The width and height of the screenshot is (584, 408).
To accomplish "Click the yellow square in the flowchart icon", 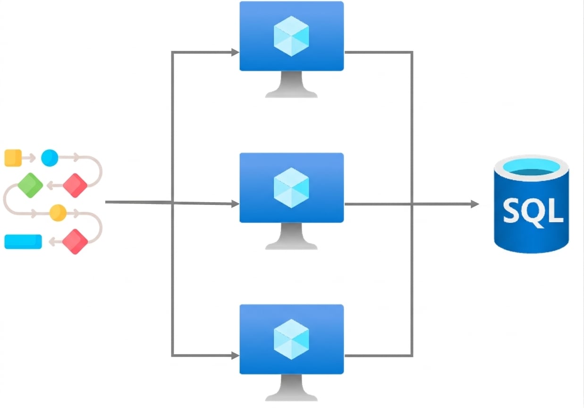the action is point(13,158).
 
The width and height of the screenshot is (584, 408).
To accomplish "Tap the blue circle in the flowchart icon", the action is point(50,158).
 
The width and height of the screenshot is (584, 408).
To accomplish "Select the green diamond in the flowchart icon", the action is point(30,186).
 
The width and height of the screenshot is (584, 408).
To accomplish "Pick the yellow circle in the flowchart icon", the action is point(58,213).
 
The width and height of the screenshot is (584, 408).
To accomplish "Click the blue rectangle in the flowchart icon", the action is point(23,242).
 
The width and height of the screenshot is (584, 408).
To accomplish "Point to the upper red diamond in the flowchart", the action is point(75,186).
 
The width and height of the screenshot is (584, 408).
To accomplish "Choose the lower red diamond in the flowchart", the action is point(75,242).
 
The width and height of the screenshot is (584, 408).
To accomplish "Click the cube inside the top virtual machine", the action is point(291,36).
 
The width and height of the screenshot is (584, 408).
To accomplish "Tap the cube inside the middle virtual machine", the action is point(291,187).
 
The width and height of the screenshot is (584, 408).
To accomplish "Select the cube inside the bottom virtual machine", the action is point(291,340).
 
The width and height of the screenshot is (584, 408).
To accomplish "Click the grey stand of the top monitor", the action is point(291,85).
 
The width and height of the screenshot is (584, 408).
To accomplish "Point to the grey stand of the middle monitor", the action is point(291,236).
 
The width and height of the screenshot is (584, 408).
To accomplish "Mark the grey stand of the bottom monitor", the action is point(291,388).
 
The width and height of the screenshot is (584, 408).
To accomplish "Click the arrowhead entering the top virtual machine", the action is point(236,52).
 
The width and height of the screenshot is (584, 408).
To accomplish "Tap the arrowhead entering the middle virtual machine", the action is point(236,204).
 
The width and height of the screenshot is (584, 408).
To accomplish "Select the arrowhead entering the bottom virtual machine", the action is point(236,356).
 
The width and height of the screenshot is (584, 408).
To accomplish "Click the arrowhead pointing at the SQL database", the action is point(475,204).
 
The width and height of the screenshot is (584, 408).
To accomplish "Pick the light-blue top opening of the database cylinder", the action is point(531,167).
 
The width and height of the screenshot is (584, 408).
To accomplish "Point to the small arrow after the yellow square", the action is point(29,158).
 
